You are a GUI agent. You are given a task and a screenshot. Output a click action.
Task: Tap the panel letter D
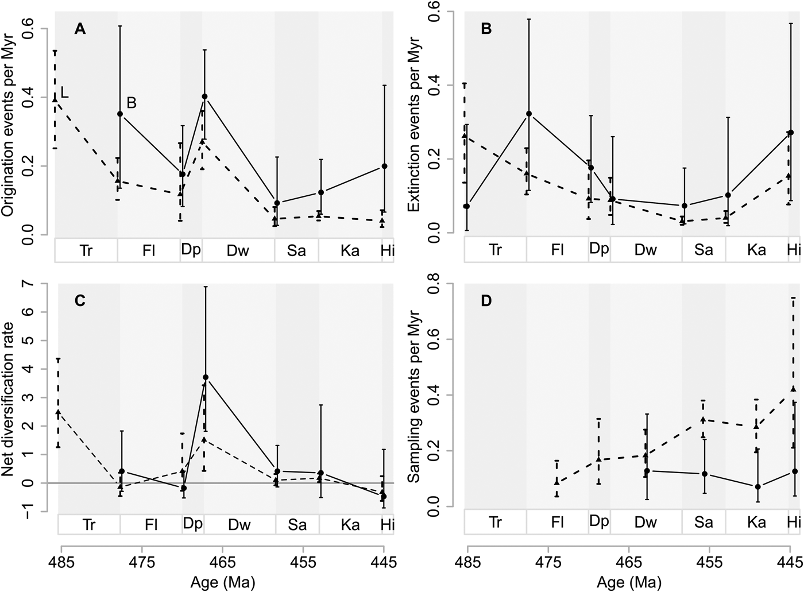pos(486,301)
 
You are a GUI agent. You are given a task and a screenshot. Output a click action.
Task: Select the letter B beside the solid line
pos(132,103)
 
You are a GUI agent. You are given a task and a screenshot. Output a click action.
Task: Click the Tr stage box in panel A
pos(86,250)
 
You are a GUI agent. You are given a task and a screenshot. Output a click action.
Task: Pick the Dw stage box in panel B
pos(645,250)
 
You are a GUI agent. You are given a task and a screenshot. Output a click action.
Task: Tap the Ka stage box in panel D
pos(756,523)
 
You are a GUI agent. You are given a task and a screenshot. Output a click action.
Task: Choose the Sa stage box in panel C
pos(297,525)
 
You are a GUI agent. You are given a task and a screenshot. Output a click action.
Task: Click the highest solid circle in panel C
pos(206,377)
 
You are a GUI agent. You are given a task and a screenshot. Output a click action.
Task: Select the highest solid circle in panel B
pos(529,114)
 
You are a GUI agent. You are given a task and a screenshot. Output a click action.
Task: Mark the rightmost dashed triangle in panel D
pos(794,389)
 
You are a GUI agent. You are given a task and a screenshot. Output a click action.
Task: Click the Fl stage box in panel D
pos(557,523)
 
